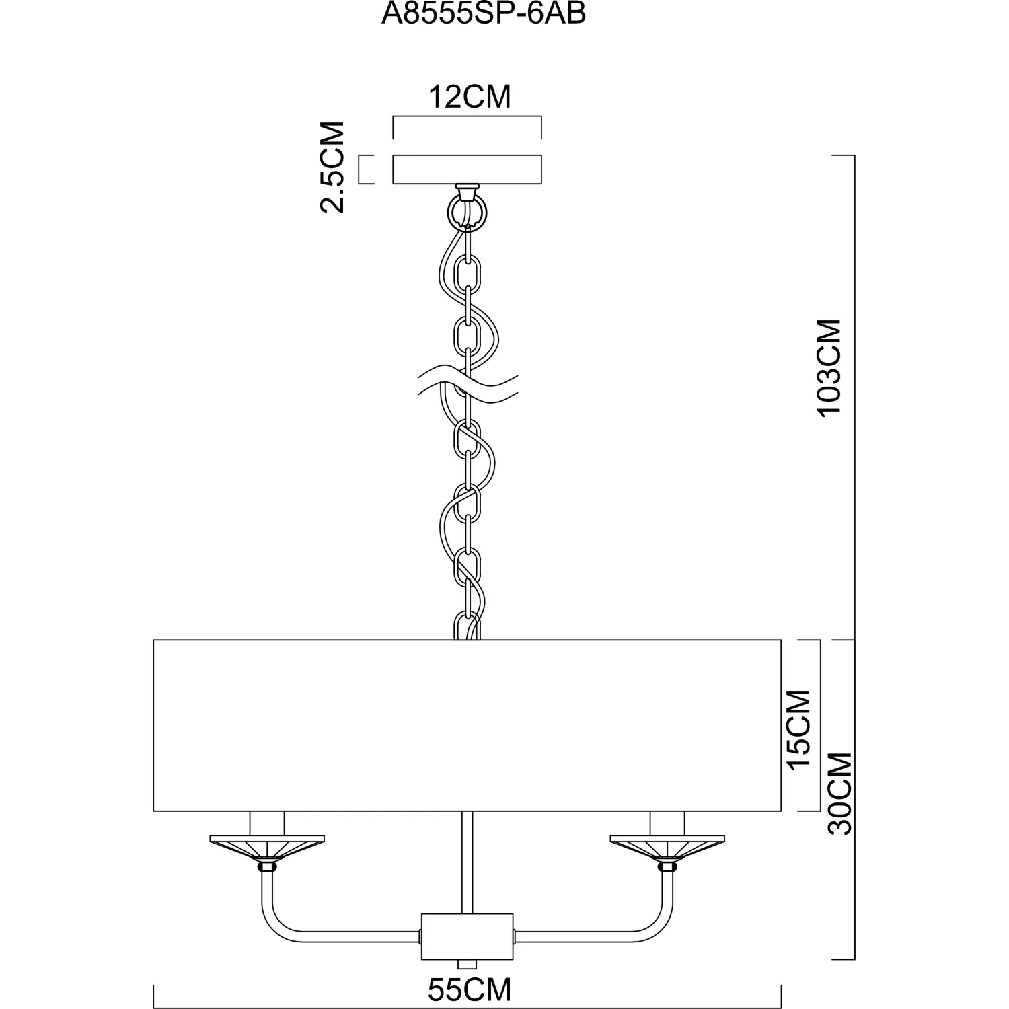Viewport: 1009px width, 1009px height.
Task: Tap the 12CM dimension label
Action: [470, 97]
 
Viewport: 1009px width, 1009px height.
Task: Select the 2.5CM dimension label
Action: [332, 167]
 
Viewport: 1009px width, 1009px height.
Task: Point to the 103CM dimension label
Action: [829, 368]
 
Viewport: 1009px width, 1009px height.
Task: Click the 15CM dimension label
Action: [799, 730]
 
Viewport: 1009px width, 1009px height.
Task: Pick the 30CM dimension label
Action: [839, 794]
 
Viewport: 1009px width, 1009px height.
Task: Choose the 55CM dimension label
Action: [470, 989]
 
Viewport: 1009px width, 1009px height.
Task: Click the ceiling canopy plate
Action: [467, 170]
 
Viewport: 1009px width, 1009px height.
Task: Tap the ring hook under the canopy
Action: [466, 212]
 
